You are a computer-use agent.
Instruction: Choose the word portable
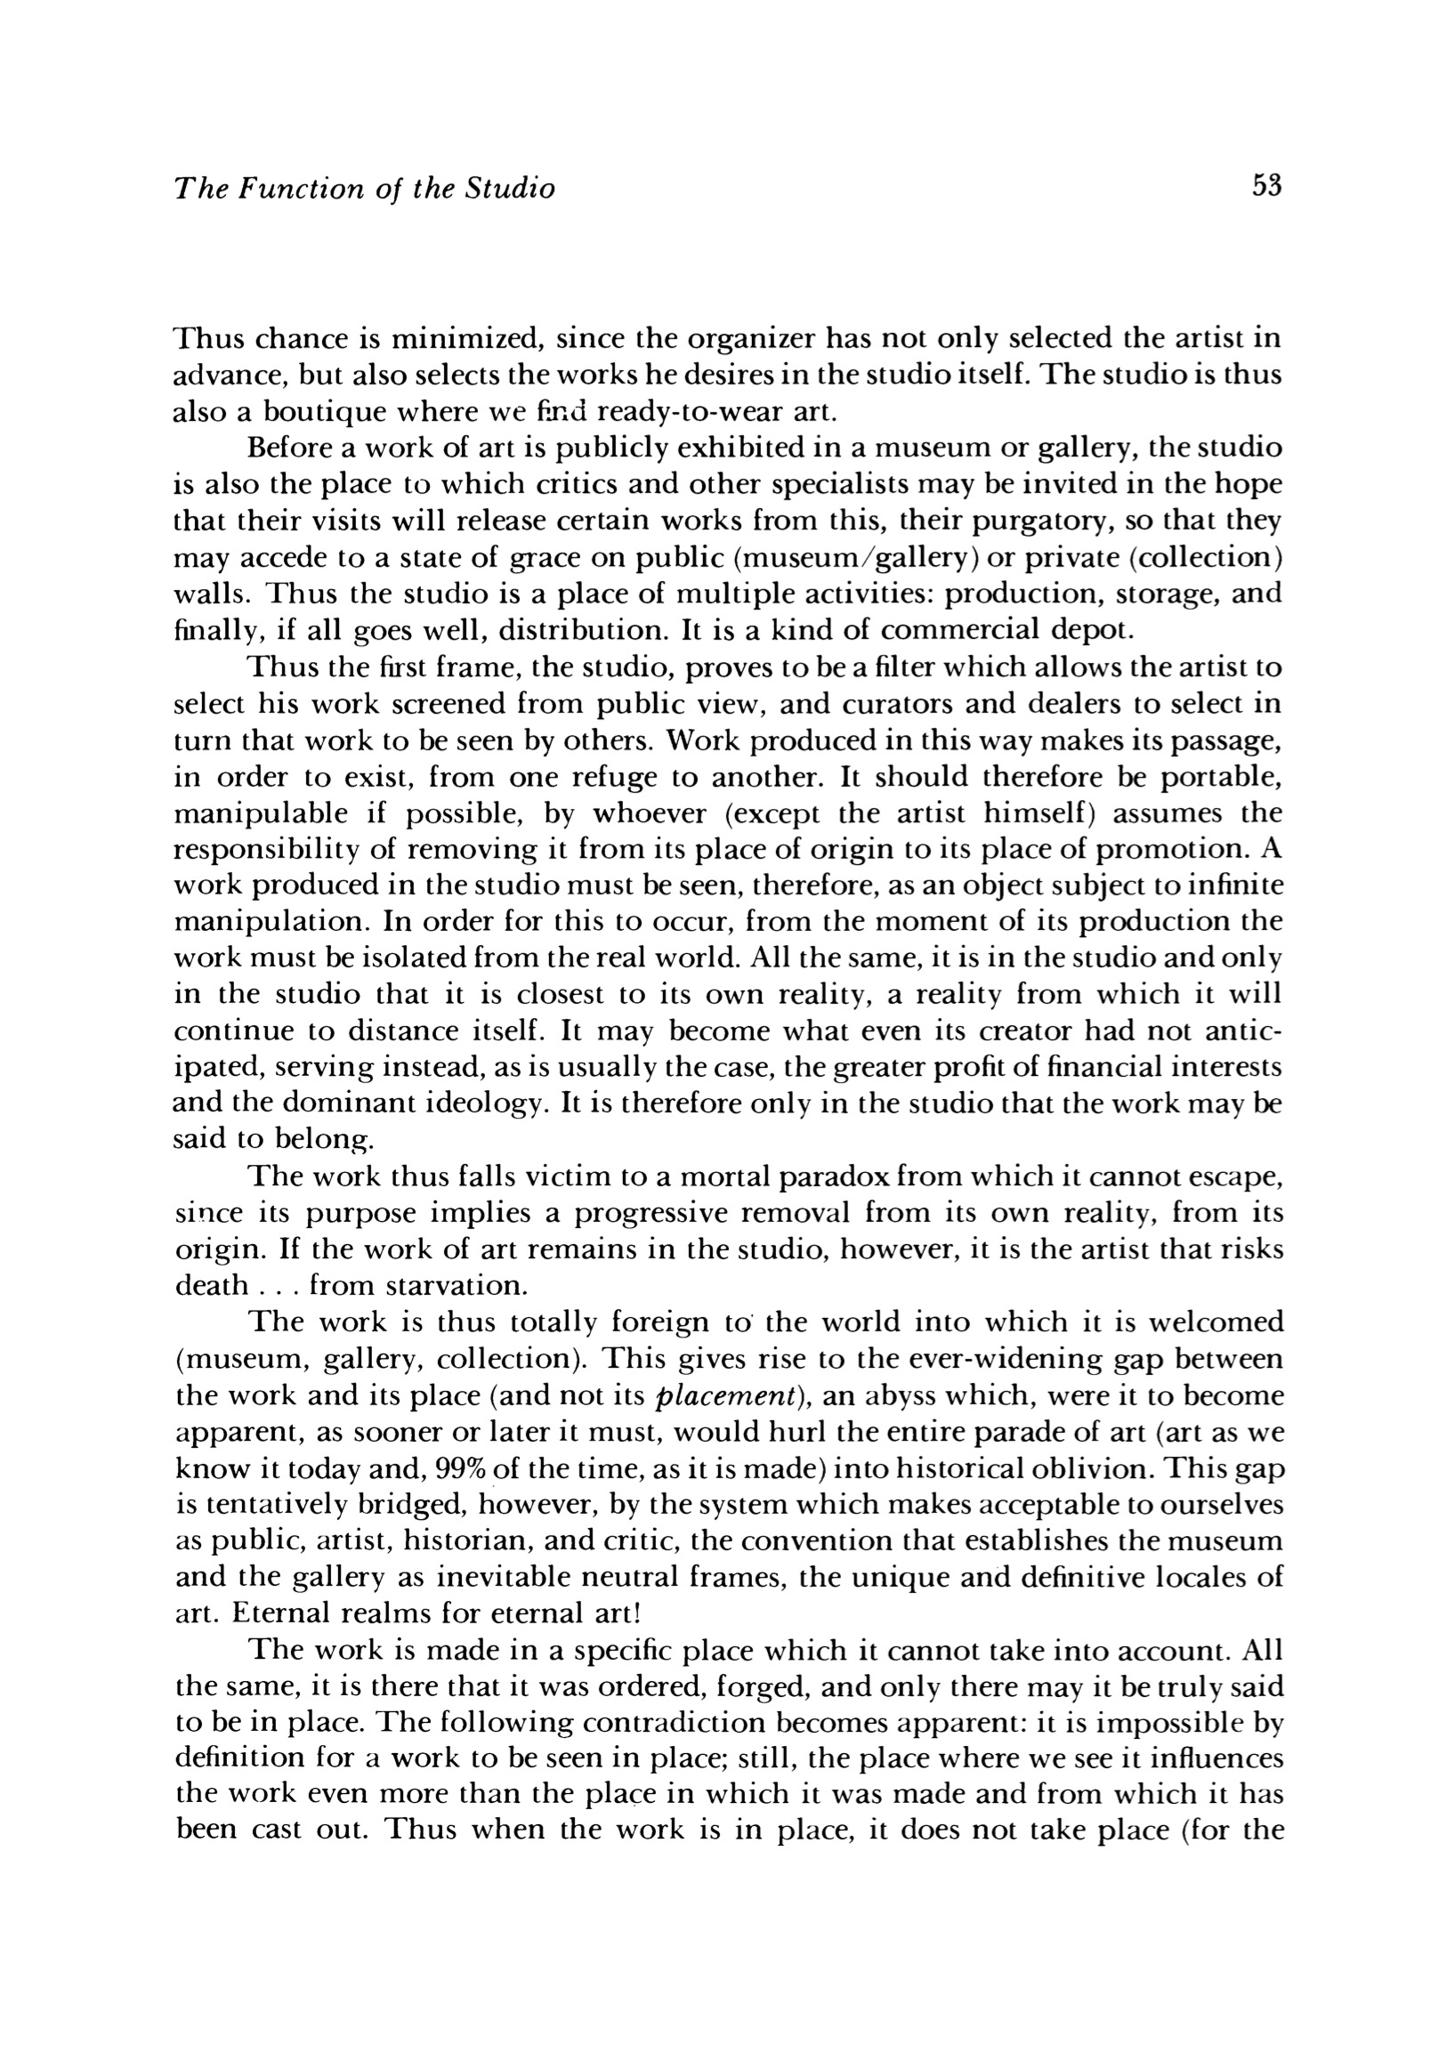[x=1221, y=777]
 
